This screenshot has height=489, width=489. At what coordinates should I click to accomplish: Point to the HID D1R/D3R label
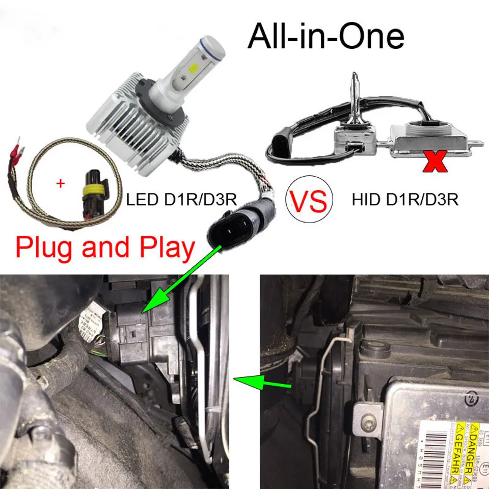[x=405, y=199]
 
